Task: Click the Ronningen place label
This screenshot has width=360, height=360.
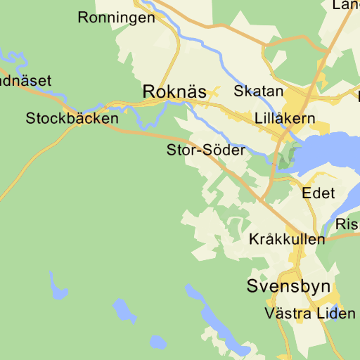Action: (117, 18)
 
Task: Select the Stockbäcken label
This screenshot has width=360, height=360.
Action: (72, 119)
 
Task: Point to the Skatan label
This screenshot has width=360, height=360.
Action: (259, 91)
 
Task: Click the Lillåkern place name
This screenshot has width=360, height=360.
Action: (285, 118)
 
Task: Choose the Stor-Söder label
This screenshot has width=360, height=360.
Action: (206, 150)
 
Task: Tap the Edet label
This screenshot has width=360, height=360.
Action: (319, 193)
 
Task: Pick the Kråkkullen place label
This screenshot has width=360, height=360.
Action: (287, 239)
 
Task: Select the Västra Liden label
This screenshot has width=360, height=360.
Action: (311, 313)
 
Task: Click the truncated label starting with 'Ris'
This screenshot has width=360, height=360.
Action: (347, 224)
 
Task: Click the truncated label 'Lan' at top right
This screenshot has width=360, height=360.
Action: (346, 6)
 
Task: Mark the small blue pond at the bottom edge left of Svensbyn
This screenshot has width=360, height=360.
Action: (157, 342)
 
